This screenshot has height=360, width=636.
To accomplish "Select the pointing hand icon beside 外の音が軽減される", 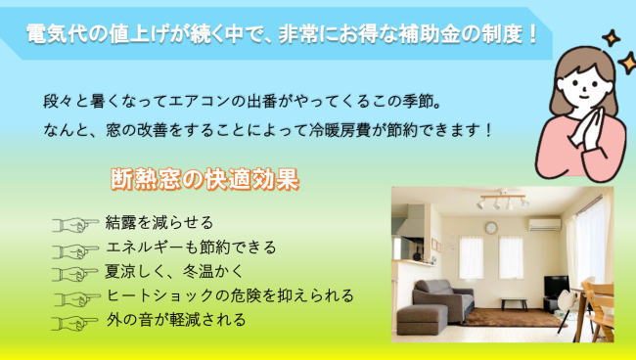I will point(78,320).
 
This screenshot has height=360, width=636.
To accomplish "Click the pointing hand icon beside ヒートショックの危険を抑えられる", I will point(78,295).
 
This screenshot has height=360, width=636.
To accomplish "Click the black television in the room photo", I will point(556,288).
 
